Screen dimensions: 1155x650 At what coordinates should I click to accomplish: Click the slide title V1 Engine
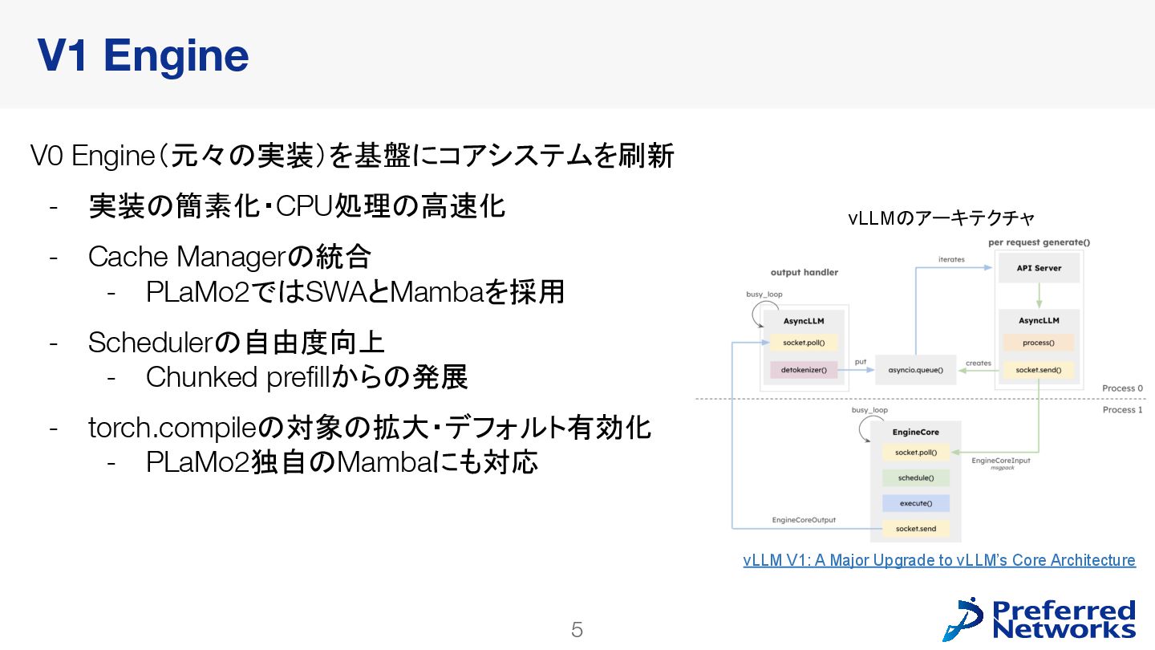[x=143, y=56]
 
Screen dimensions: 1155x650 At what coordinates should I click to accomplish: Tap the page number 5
[x=577, y=630]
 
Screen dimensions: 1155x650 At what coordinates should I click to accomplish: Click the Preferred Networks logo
[x=1039, y=620]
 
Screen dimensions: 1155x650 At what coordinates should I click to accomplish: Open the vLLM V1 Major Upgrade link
[x=938, y=560]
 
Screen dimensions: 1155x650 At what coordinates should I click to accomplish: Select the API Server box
[x=1039, y=268]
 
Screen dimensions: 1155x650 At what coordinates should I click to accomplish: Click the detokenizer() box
[x=804, y=371]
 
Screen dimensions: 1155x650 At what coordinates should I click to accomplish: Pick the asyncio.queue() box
[x=915, y=371]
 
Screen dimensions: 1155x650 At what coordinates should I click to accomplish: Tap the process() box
[x=1038, y=343]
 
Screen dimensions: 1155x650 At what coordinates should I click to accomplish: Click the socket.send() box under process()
[x=1038, y=370]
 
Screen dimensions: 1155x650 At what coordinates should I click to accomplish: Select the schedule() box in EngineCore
[x=915, y=478]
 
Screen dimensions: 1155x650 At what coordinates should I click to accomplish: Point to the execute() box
[x=915, y=503]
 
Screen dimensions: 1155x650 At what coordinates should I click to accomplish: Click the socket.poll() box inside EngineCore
[x=915, y=453]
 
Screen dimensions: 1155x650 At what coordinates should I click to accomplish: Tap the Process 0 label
[x=1122, y=388]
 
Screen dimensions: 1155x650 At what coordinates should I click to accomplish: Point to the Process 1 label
[x=1122, y=410]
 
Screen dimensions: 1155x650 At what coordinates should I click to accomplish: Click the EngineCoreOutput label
[x=804, y=520]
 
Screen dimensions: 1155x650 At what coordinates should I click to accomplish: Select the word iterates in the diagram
[x=951, y=259]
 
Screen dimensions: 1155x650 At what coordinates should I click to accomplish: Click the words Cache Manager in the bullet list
[x=186, y=258]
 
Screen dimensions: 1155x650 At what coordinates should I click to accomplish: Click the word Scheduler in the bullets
[x=152, y=343]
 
